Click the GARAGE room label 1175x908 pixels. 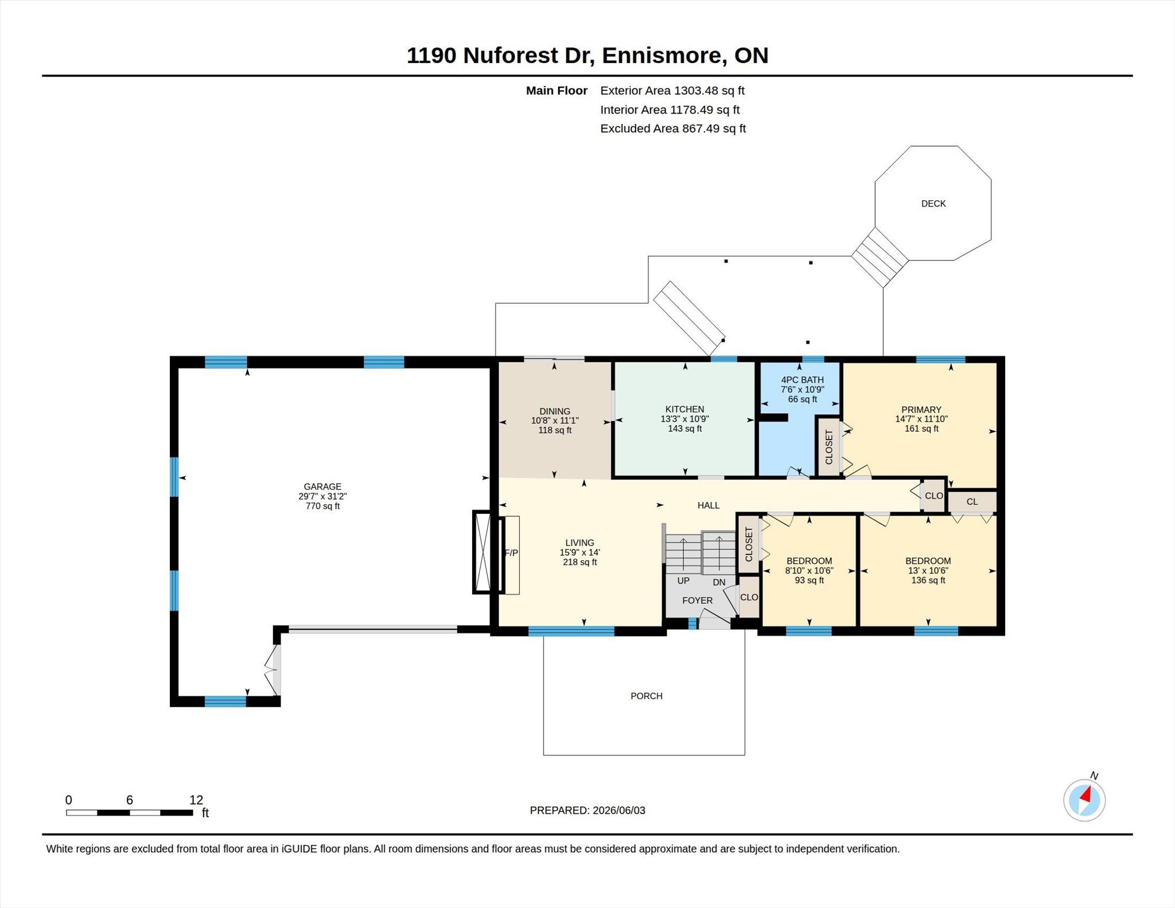click(322, 486)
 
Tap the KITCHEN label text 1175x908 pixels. click(684, 409)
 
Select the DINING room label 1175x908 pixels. click(555, 411)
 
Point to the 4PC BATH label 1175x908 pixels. click(802, 380)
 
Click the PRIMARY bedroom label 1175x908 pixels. click(921, 410)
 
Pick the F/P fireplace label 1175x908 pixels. click(511, 553)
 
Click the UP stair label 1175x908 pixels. click(683, 580)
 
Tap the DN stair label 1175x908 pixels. click(719, 582)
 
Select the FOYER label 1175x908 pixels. click(697, 601)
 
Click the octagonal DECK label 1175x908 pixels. click(933, 204)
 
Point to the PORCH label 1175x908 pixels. click(647, 696)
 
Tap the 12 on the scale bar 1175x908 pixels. click(196, 800)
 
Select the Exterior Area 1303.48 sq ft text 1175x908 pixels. click(672, 91)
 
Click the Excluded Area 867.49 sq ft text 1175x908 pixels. click(673, 128)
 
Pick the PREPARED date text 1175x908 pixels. click(587, 810)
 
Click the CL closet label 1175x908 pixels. click(972, 502)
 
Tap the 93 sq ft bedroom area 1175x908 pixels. click(809, 580)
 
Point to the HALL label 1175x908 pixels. click(709, 505)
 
